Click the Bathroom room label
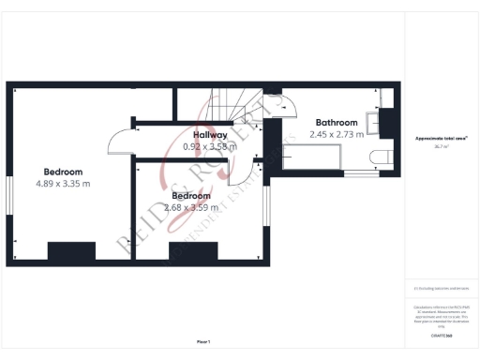pos(337,123)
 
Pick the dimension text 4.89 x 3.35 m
pos(63,184)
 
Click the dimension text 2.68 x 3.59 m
pos(190,207)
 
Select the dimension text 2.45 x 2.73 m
pos(336,135)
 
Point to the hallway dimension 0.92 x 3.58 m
pos(209,147)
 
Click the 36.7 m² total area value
pos(441,146)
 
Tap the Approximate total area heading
pos(441,139)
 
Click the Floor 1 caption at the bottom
pos(203,341)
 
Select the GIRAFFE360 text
pos(441,335)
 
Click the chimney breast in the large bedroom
pos(71,251)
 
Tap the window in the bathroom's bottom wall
pos(357,173)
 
